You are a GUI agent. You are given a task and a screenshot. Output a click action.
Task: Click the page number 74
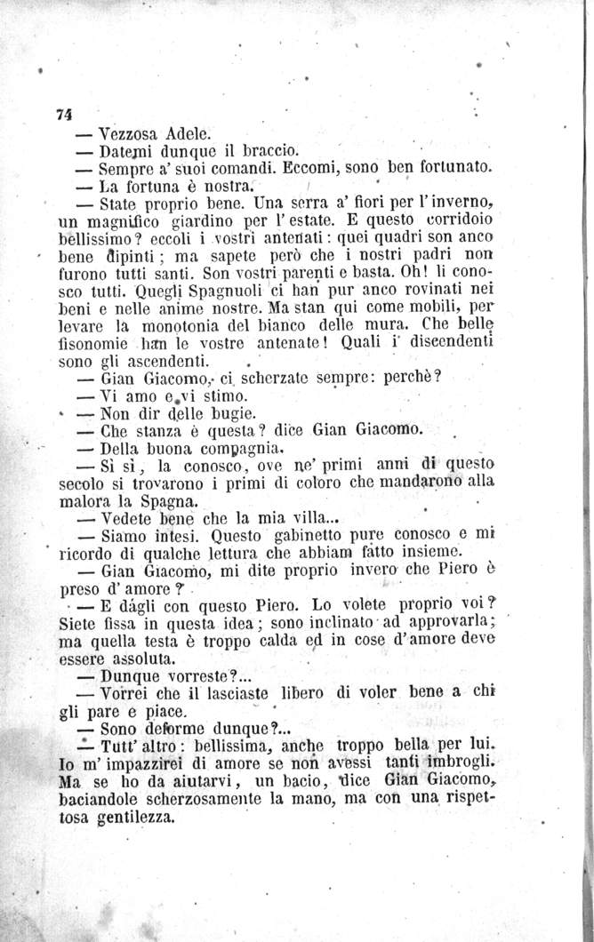[x=62, y=113]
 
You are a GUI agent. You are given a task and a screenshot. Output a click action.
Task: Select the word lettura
[x=253, y=554]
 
